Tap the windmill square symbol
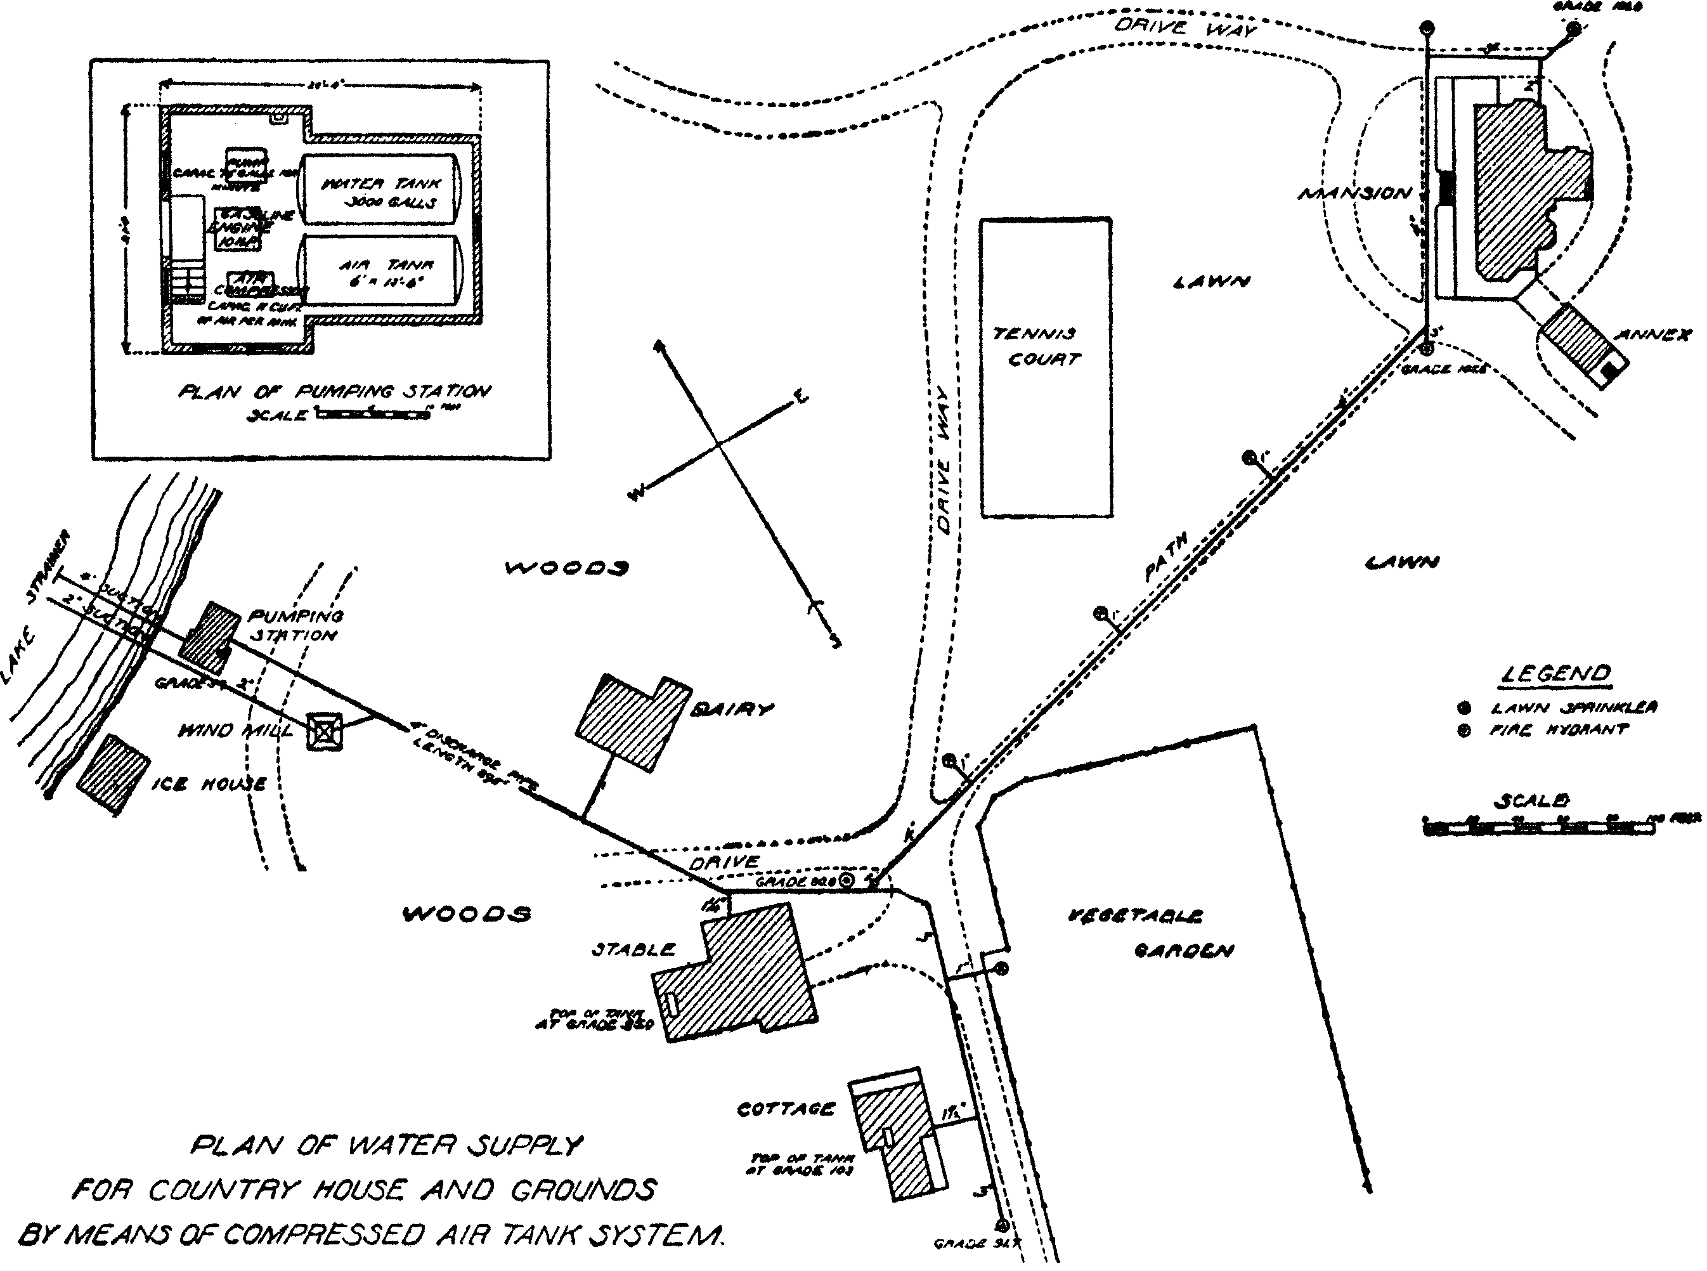pos(325,731)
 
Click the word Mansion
pos(1354,193)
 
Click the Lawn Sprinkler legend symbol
pos(1465,708)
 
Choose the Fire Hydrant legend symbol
pos(1465,731)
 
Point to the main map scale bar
pos(1538,827)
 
